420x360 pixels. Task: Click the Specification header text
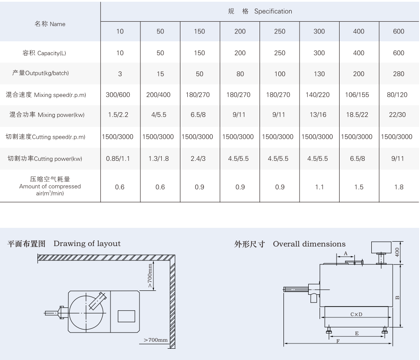click(273, 11)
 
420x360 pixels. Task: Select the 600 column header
click(399, 31)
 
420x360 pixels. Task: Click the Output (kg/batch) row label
click(40, 73)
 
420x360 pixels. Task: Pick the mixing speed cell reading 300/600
click(118, 94)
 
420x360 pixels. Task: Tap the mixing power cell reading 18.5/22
click(357, 115)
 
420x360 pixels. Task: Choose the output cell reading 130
click(319, 74)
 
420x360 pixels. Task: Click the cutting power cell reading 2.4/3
click(198, 159)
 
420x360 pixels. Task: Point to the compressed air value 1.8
click(399, 187)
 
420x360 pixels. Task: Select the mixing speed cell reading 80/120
click(397, 94)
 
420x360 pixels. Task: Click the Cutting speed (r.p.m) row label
click(46, 137)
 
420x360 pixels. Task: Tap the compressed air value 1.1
click(319, 187)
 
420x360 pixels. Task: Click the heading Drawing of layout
click(87, 243)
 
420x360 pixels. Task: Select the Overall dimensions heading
click(309, 244)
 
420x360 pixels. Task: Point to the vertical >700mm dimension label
click(150, 276)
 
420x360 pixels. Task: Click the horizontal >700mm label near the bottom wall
click(156, 340)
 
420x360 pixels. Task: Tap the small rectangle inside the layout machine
click(127, 317)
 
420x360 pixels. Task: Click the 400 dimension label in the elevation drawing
click(397, 252)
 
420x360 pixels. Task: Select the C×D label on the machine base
click(356, 314)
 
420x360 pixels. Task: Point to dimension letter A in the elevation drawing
click(346, 253)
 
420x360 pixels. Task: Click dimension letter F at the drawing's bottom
click(338, 341)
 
